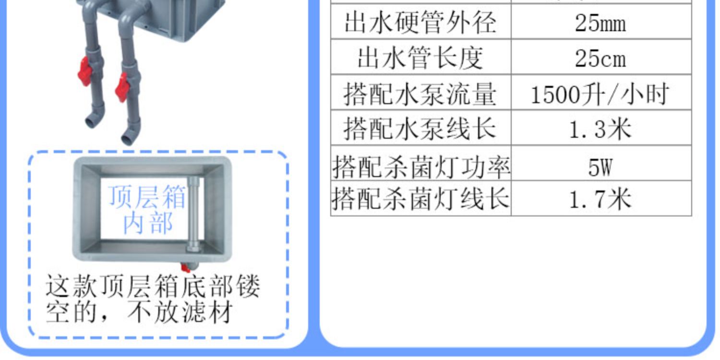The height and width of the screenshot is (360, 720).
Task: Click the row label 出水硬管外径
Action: click(x=420, y=23)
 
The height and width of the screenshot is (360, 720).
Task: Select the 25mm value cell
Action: click(x=600, y=23)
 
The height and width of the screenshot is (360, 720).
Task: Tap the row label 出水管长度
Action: click(x=420, y=58)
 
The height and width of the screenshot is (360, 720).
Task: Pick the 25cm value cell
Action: click(x=600, y=58)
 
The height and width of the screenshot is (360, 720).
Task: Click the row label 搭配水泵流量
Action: click(x=420, y=94)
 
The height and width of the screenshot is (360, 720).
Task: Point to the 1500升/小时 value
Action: click(x=600, y=94)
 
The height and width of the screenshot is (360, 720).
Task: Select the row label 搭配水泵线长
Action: click(x=420, y=129)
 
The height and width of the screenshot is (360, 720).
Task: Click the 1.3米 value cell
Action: click(x=600, y=129)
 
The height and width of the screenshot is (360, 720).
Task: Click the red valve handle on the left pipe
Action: click(x=85, y=71)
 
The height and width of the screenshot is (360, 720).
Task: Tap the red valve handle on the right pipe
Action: click(x=121, y=87)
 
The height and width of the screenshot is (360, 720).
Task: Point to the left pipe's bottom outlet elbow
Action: click(x=93, y=120)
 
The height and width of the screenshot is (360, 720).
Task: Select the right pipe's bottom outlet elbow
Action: click(x=131, y=135)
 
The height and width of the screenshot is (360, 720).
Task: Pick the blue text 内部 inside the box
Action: click(x=147, y=223)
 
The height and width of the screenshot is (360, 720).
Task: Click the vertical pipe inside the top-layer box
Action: click(x=193, y=211)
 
